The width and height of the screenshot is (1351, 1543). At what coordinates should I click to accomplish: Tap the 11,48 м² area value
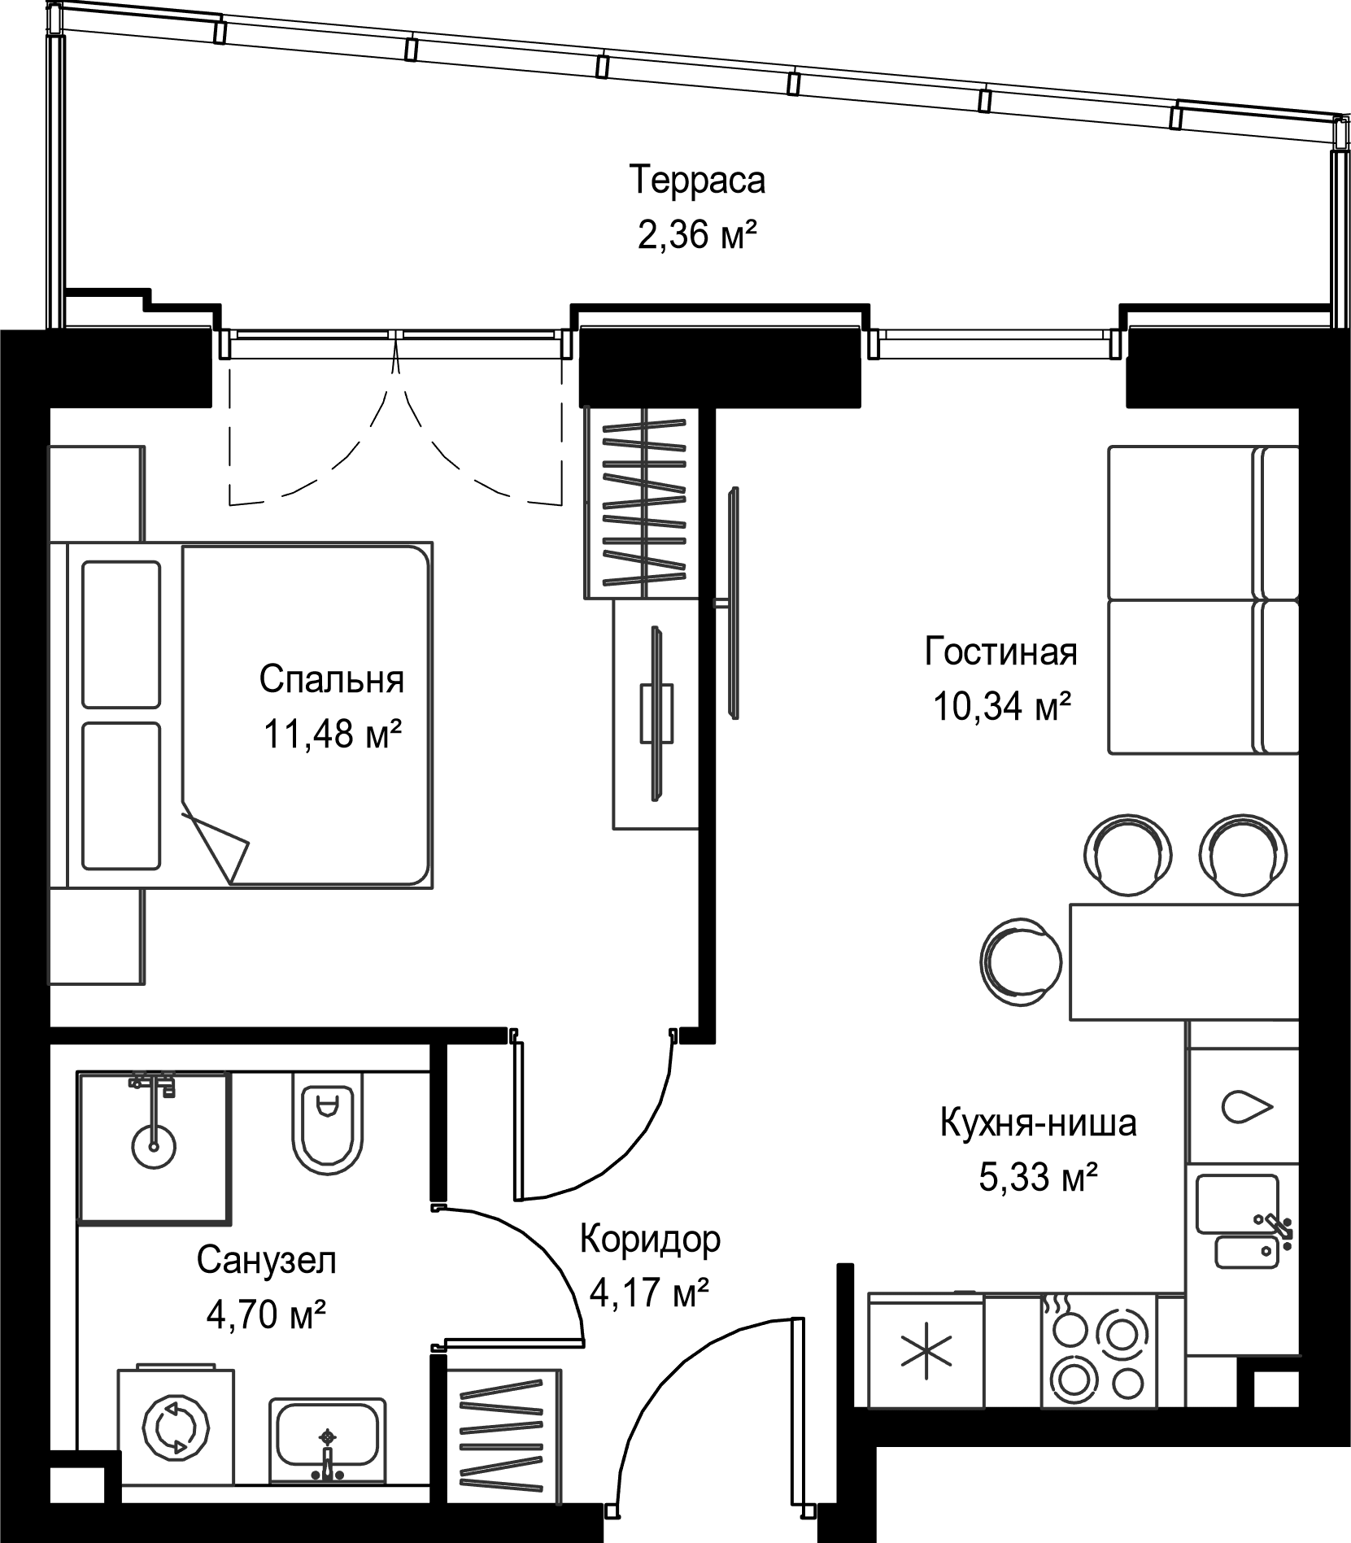pos(332,734)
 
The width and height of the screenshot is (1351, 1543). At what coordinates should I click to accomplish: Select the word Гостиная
pos(1000,652)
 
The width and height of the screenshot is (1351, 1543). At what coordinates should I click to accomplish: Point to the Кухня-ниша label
pos(1038,1123)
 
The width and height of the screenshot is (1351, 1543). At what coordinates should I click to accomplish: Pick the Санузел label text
pos(266,1261)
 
